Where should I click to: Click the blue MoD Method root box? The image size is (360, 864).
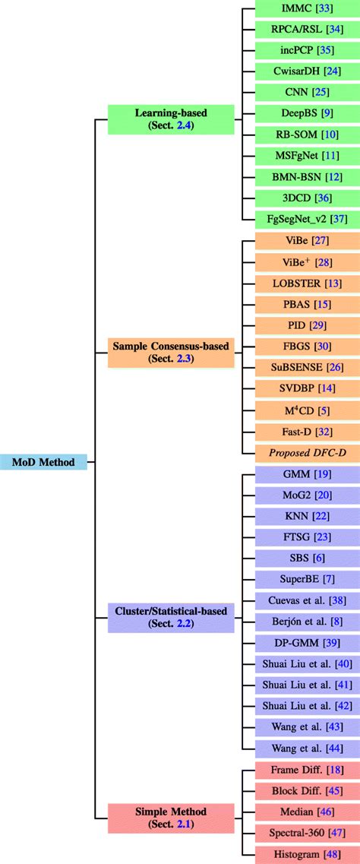(43, 461)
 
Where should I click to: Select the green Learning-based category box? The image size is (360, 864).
(160, 119)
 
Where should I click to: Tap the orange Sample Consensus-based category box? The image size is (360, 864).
(160, 353)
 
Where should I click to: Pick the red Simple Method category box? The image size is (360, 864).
(160, 818)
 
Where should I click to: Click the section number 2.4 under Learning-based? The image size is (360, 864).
(183, 126)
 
